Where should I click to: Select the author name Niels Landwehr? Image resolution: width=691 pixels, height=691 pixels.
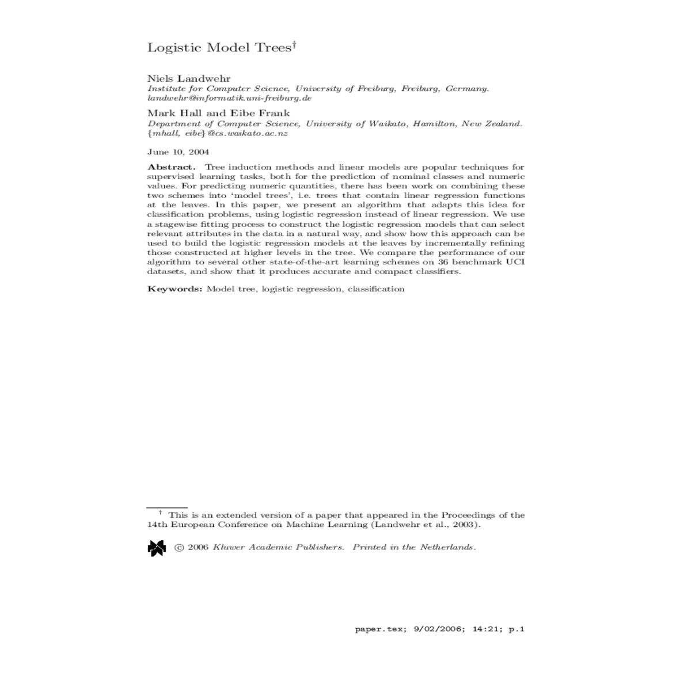tap(189, 78)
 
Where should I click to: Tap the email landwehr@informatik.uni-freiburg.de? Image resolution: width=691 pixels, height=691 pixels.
tap(229, 98)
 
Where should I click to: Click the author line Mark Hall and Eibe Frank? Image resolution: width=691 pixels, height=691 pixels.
tap(219, 113)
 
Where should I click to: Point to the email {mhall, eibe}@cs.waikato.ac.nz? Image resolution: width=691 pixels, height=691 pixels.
tap(218, 133)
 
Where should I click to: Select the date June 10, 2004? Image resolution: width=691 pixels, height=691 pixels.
tap(178, 152)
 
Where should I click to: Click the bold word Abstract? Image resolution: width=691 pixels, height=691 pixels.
tap(172, 168)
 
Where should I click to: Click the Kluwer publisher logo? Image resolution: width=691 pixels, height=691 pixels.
tap(157, 548)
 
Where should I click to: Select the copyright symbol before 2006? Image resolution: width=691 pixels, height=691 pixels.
tap(179, 548)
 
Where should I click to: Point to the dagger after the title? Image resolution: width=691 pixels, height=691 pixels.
tap(294, 44)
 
